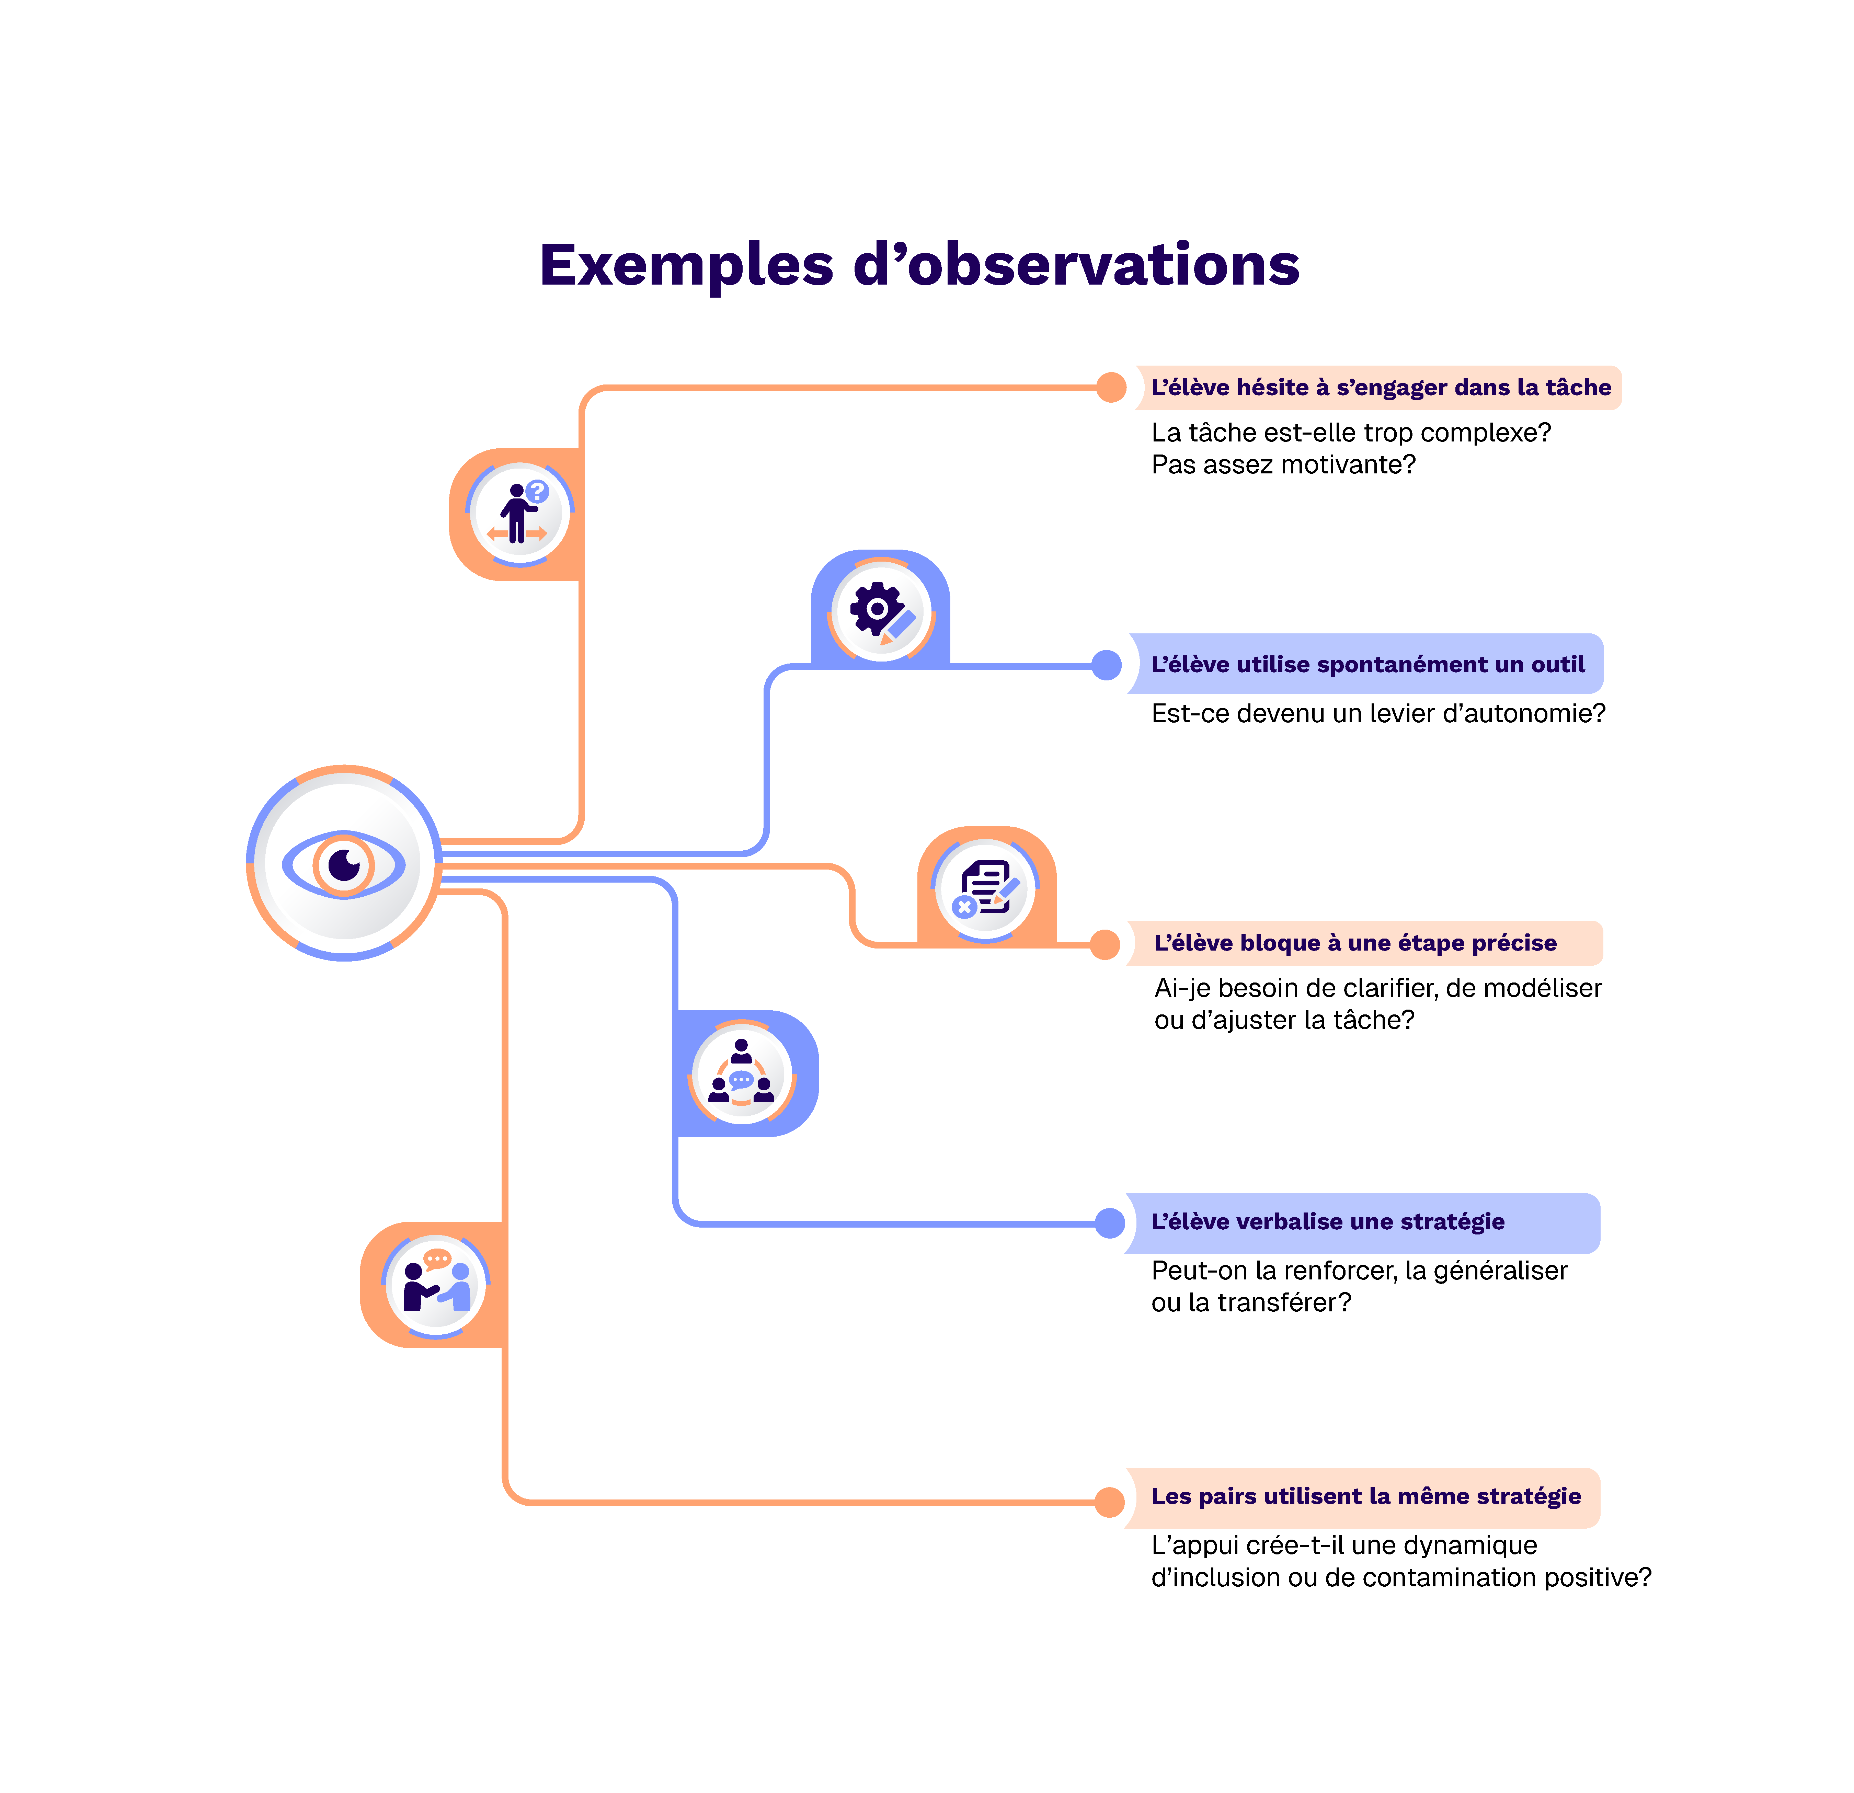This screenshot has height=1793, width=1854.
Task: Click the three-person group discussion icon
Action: (742, 1073)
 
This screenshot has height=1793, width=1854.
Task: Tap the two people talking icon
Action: (436, 1284)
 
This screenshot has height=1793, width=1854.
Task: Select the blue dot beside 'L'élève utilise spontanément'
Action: (1106, 665)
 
